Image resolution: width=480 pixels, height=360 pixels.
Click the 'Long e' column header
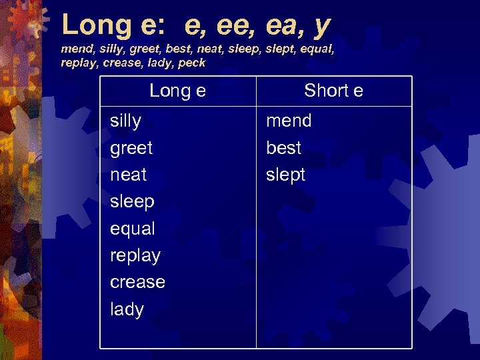(177, 91)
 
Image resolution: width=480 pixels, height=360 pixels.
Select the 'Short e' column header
(333, 91)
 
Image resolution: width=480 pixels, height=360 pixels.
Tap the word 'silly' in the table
(125, 121)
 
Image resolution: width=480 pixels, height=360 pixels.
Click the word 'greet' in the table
(131, 148)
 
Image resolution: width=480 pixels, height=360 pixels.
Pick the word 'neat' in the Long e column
(128, 175)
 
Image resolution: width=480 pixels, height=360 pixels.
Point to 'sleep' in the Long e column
(132, 202)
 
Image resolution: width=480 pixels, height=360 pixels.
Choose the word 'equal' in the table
(133, 229)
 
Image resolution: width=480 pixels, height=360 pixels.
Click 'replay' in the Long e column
(135, 256)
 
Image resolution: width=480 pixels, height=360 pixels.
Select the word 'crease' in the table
(137, 282)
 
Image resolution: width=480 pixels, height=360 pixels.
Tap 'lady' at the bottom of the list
(127, 309)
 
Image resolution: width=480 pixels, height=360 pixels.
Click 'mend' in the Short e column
(289, 121)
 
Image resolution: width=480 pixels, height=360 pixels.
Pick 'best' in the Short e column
(284, 148)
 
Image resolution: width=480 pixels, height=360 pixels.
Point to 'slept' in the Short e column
(286, 175)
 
